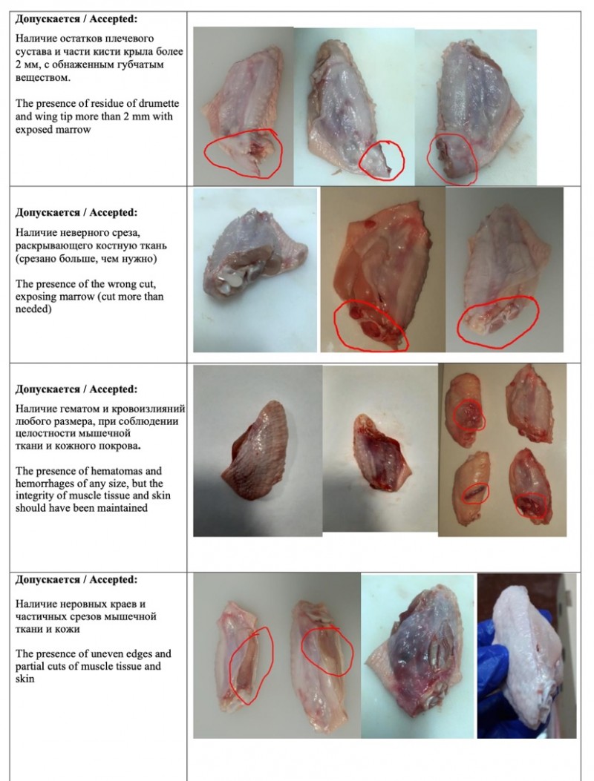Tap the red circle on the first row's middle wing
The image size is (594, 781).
[382, 160]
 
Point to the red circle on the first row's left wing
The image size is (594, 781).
[244, 152]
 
